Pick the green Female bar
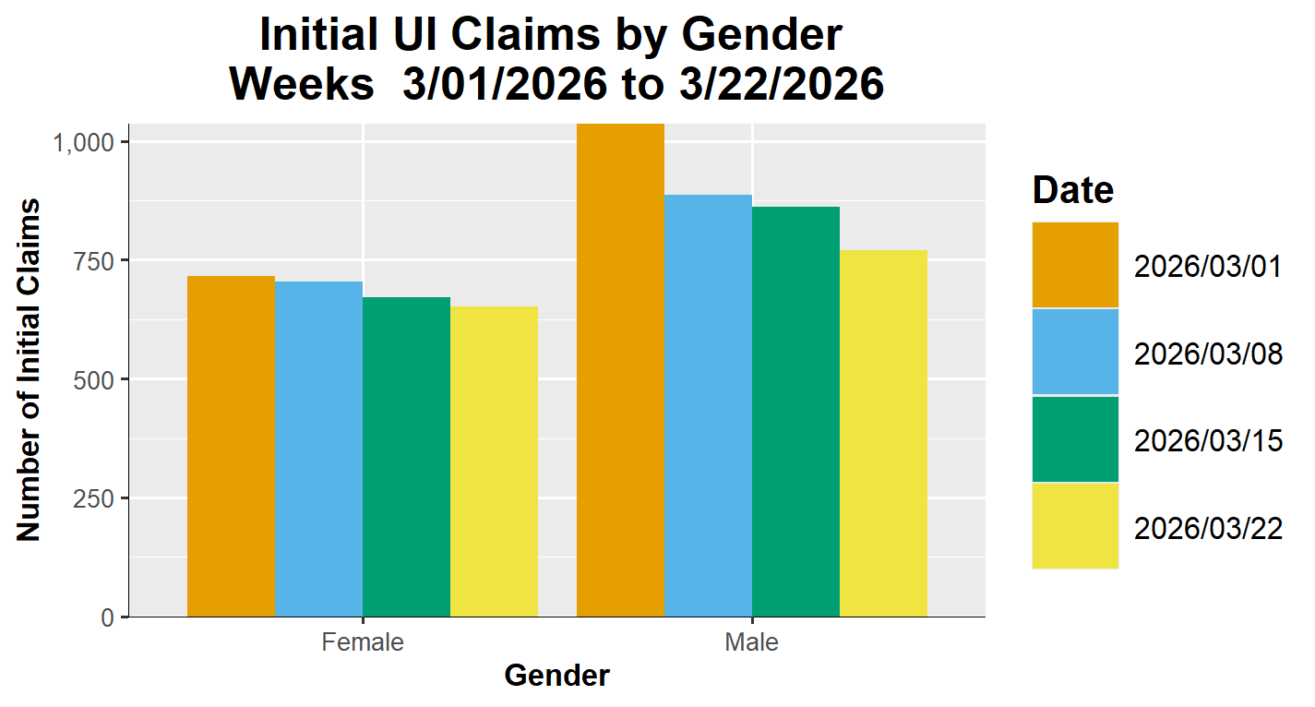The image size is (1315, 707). pos(406,457)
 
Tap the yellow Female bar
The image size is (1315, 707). pos(494,461)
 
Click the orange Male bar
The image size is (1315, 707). pos(620,369)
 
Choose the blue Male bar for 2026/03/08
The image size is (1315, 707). pos(708,405)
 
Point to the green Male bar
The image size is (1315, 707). pos(795,412)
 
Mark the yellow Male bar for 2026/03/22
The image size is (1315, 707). pos(883,433)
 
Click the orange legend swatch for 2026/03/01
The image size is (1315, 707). pos(1075,265)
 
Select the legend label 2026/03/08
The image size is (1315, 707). pos(1208,353)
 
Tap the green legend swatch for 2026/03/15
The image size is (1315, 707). pos(1075,439)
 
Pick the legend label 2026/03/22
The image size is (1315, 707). pos(1208,529)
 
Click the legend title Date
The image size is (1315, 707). pos(1073,190)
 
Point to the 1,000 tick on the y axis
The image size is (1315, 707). pos(83,142)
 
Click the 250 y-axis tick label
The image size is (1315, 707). pos(95,498)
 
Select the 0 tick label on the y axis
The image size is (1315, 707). pos(109,617)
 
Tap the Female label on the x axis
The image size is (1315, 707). pos(363,642)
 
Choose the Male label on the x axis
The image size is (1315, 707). pos(752,642)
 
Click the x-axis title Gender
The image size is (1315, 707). pos(557,677)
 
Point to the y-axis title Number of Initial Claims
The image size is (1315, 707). pos(30,369)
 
